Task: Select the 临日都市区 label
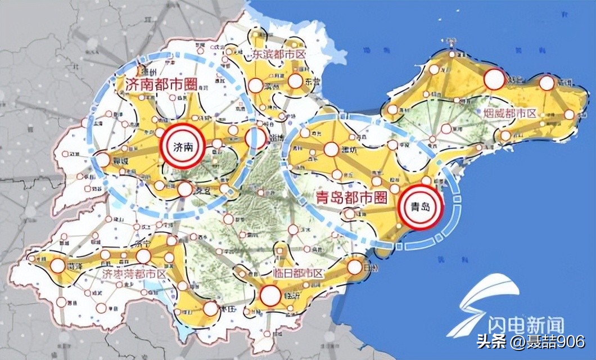tap(297, 273)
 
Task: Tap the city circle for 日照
tap(355, 266)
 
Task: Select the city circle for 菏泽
tap(57, 265)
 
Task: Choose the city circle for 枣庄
tap(210, 308)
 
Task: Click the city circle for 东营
tap(295, 82)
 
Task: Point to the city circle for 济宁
tap(143, 256)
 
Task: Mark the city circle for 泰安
tap(185, 190)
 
